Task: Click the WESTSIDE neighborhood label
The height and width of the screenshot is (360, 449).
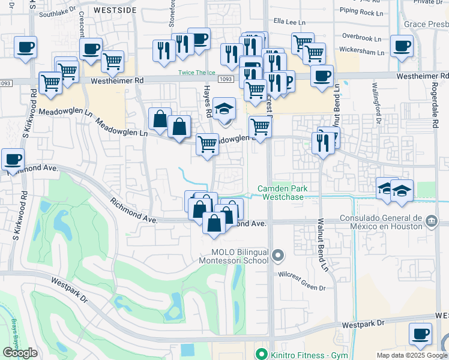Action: (x=115, y=10)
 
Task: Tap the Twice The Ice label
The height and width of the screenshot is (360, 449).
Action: (x=196, y=73)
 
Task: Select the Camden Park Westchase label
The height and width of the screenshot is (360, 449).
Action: (x=283, y=193)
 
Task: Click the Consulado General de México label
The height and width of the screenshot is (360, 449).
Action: (x=381, y=222)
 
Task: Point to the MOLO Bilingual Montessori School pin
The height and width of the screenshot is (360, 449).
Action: (x=277, y=256)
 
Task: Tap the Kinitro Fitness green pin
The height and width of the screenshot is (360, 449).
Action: (x=261, y=355)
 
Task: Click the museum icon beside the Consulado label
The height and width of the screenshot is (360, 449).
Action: (x=432, y=222)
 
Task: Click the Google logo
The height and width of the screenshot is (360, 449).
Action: (x=20, y=353)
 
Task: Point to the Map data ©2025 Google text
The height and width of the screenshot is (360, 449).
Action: (x=411, y=355)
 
